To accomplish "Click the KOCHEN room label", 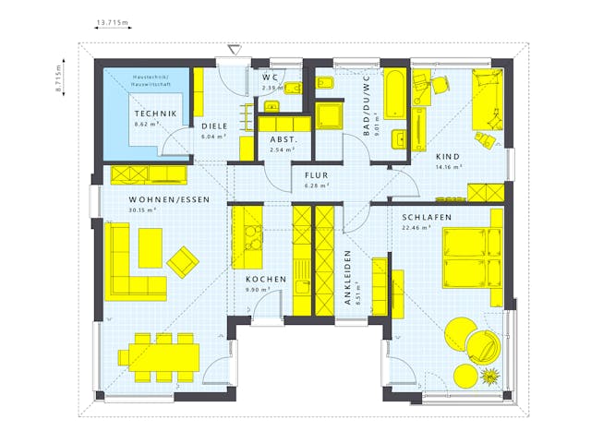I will pos(265,279).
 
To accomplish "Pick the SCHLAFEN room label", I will pos(426,217).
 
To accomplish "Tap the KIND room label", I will pos(449,157).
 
